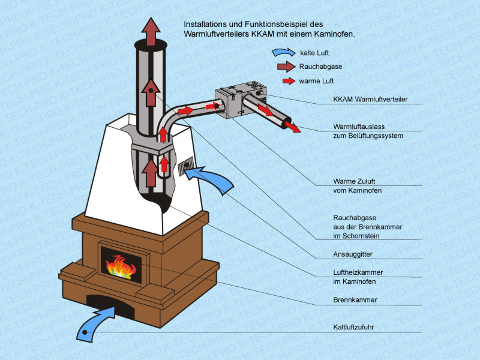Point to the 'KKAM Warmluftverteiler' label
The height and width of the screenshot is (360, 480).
pyautogui.click(x=370, y=100)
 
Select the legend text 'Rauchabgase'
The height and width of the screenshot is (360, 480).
pyautogui.click(x=320, y=67)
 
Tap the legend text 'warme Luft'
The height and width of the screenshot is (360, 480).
pyautogui.click(x=317, y=81)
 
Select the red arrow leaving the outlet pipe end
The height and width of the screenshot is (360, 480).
pyautogui.click(x=292, y=127)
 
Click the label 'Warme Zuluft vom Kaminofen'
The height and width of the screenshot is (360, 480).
pyautogui.click(x=358, y=185)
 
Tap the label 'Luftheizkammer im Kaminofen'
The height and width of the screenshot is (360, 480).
pyautogui.click(x=358, y=277)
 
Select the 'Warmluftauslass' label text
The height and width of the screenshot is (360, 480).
pyautogui.click(x=361, y=127)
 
